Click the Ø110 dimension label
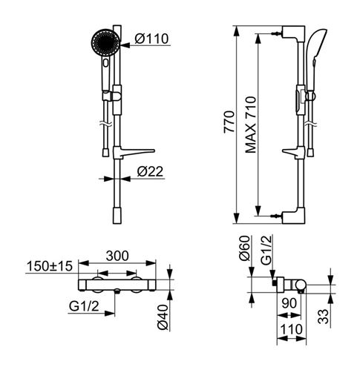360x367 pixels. (151, 39)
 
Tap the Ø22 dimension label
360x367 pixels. (150, 171)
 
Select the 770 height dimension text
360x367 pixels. (229, 122)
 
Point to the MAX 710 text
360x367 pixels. (250, 125)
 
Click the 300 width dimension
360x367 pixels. (117, 256)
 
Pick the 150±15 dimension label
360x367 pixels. (50, 266)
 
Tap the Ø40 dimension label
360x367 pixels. (163, 317)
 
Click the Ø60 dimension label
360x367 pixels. (244, 248)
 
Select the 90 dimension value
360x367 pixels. (289, 303)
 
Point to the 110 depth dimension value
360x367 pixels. (291, 329)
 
